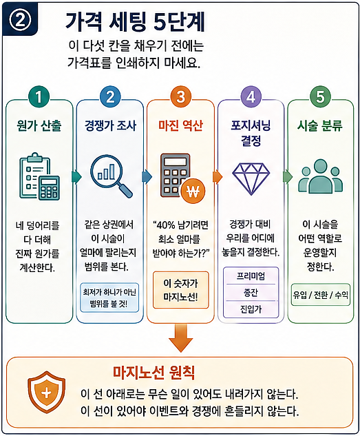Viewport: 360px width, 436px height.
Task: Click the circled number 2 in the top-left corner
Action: (19, 20)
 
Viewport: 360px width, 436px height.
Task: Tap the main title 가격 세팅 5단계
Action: (135, 21)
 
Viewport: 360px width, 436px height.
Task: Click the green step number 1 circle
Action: (39, 96)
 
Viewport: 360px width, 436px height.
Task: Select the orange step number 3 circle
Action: (181, 96)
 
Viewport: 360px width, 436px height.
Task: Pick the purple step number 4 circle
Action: (251, 96)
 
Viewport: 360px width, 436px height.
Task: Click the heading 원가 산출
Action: (39, 125)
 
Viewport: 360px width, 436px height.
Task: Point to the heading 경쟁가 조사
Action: (110, 125)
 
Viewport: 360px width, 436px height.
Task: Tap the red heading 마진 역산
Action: (181, 125)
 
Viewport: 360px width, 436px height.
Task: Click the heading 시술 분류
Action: (320, 125)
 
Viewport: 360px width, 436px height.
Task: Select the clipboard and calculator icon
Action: (39, 176)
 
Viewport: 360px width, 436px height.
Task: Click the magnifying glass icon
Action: (112, 176)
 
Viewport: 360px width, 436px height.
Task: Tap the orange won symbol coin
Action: (193, 191)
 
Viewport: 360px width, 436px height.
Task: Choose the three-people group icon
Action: (320, 176)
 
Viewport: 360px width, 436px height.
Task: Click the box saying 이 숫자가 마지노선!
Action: (180, 290)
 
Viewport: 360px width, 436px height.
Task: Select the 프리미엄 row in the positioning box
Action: (251, 276)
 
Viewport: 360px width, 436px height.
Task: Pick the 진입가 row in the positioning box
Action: (251, 309)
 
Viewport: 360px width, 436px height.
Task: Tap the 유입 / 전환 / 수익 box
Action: (321, 295)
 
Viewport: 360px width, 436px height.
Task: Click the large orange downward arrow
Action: (180, 338)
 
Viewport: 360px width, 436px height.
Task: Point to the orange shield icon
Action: (46, 393)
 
